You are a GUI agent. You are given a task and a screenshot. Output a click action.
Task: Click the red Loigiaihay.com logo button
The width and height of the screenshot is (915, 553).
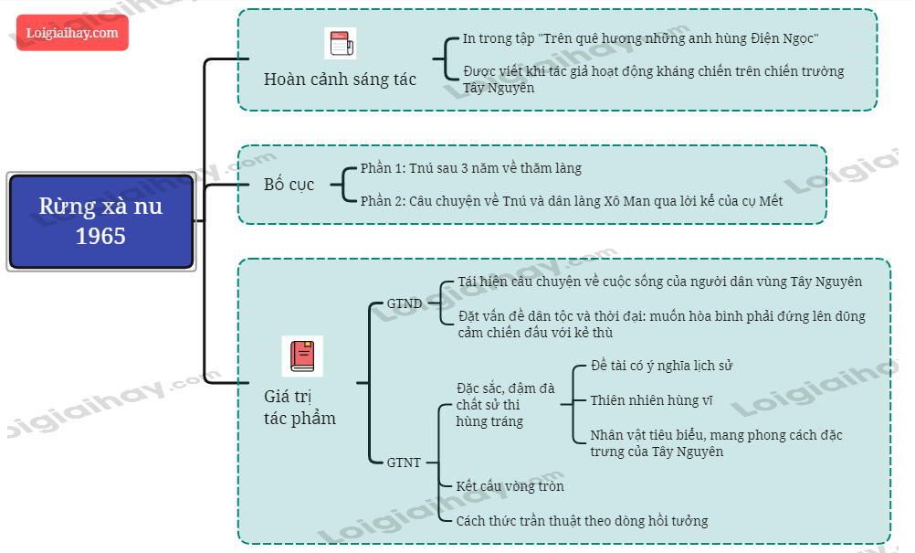72,33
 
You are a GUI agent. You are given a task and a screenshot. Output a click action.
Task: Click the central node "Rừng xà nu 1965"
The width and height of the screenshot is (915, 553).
101,221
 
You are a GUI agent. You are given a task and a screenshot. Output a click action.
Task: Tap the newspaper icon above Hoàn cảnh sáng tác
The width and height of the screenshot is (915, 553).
340,43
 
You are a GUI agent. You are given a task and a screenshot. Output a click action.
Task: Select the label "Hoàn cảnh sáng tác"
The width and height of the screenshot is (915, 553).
340,80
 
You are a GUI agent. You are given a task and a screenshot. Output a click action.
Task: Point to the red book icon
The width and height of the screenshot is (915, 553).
302,356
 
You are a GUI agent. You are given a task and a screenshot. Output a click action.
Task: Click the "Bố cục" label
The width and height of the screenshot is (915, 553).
289,185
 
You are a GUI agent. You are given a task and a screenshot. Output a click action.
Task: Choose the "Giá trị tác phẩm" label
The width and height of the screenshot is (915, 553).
300,408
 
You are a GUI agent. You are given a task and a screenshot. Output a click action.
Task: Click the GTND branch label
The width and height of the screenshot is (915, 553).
404,303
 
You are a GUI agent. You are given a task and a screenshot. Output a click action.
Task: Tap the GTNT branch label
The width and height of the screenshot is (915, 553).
404,463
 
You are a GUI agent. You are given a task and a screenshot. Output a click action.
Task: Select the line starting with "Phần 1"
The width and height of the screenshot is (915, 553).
470,168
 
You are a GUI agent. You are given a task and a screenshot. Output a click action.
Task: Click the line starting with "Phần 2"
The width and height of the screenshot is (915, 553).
571,201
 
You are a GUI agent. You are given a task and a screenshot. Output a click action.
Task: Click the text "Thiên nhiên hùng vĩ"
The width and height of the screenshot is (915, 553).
651,400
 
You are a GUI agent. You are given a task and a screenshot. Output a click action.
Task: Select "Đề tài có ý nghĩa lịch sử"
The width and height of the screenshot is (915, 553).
662,366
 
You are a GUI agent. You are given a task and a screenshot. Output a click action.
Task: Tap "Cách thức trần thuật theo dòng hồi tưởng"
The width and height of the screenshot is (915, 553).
582,521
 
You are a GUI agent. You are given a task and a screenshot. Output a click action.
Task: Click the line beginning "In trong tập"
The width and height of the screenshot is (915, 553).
640,38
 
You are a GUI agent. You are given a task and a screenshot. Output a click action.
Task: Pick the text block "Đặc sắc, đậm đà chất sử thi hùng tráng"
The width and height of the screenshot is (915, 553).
504,405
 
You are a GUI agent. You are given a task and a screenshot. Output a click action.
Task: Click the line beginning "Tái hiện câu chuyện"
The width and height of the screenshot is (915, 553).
660,282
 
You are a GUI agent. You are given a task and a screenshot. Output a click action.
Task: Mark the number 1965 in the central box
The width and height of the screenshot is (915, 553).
100,236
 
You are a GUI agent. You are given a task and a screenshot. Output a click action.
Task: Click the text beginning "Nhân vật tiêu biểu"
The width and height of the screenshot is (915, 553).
716,442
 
